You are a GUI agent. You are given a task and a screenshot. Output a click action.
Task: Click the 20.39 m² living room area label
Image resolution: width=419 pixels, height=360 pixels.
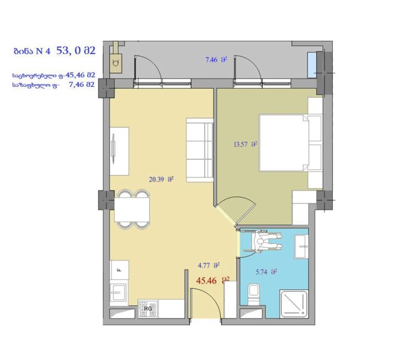[x=161, y=179]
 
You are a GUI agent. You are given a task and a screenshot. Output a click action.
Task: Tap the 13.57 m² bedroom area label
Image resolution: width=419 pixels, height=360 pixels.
[x=245, y=145]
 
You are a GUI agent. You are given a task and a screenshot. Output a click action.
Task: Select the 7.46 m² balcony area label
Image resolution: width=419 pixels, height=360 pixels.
[x=216, y=60]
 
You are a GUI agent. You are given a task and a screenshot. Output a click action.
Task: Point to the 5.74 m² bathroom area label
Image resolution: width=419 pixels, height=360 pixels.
[x=266, y=272]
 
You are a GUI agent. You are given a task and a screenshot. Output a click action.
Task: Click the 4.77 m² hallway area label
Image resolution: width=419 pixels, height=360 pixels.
[x=208, y=265]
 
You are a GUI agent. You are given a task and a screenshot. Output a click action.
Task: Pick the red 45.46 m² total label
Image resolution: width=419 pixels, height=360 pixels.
[x=212, y=280]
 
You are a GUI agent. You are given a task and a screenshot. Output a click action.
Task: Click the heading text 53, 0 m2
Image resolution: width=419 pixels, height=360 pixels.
[x=75, y=50]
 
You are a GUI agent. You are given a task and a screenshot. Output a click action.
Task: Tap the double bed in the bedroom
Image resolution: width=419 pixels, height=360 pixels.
[x=291, y=143]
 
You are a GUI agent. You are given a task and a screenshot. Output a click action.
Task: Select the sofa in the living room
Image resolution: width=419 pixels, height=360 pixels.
[x=199, y=150]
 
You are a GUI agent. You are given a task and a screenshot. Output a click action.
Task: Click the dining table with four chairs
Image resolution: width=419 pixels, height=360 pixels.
[x=132, y=210]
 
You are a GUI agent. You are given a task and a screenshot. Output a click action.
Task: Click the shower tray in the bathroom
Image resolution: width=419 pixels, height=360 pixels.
[x=293, y=304]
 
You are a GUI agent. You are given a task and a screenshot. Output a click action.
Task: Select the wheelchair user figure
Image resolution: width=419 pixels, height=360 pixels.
[x=266, y=241]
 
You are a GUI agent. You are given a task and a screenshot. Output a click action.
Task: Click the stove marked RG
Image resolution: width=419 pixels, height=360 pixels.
[x=148, y=308]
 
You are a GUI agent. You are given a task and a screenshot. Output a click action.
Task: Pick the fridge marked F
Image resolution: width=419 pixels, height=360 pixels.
[x=120, y=270]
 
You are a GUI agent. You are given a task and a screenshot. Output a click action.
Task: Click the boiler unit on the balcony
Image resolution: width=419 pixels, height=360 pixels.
[x=116, y=63]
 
